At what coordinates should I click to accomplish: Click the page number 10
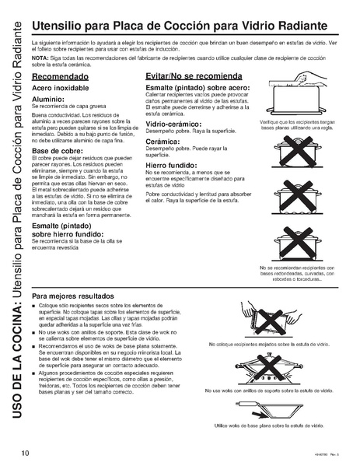coord(26,451)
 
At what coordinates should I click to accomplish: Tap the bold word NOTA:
coord(40,58)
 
